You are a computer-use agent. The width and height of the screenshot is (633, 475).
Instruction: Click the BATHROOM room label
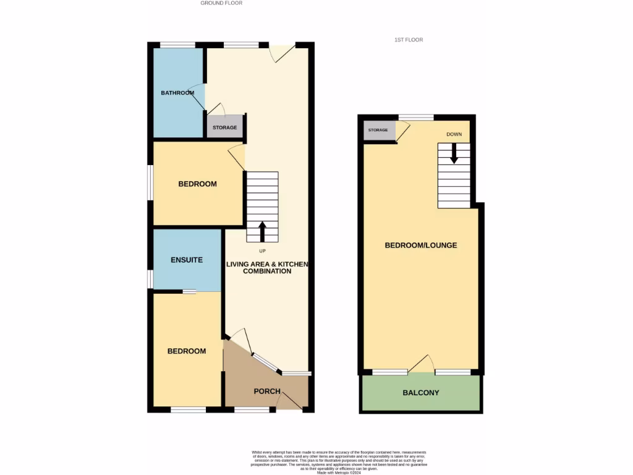[x=177, y=93]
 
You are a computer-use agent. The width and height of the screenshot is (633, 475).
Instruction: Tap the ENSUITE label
[x=186, y=260]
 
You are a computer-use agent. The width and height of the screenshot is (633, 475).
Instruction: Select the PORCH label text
[x=267, y=392]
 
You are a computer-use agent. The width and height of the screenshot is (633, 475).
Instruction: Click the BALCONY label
[x=421, y=393]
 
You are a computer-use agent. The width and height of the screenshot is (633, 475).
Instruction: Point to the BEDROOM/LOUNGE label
[x=421, y=246]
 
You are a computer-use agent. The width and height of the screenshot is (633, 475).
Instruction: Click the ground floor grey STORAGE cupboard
[x=225, y=127]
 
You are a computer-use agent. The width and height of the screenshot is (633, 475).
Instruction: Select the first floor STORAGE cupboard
[x=378, y=131]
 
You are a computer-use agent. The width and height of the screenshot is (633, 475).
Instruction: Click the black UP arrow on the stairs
[x=262, y=231]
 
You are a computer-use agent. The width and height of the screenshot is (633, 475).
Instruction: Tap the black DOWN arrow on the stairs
[x=454, y=153]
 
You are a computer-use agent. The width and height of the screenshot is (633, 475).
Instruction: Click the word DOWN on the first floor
[x=454, y=134]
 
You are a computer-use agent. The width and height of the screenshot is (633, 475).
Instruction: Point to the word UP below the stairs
[x=263, y=250]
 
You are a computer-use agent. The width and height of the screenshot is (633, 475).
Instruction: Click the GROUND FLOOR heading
[x=221, y=3]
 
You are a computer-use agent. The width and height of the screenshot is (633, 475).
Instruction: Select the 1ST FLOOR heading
[x=409, y=40]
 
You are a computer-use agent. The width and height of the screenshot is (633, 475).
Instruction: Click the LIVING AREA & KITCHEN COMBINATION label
[x=267, y=268]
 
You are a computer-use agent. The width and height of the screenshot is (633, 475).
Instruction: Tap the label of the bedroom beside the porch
[x=187, y=351]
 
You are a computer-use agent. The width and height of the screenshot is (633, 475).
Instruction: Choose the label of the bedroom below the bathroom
[x=197, y=184]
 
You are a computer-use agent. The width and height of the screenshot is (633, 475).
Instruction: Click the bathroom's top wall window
[x=178, y=45]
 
